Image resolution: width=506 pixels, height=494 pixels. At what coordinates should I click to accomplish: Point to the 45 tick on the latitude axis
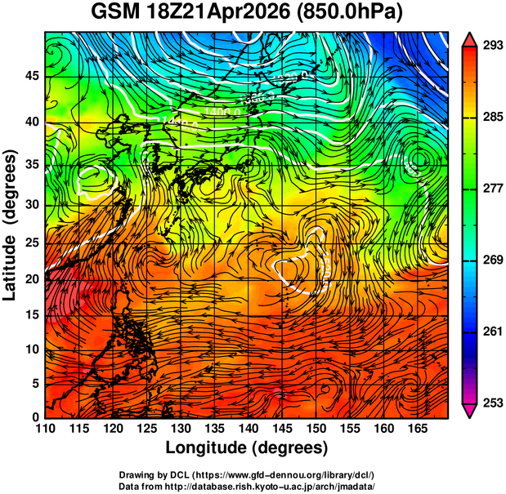pos(31,76)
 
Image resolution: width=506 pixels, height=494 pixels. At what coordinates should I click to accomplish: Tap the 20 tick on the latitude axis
pos(31,278)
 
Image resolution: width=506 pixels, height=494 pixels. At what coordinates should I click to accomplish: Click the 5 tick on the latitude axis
pos(35,384)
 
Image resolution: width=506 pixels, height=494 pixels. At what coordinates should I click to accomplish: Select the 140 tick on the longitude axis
pos(248,429)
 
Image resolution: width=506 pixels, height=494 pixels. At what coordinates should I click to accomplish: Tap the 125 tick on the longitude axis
pos(146,429)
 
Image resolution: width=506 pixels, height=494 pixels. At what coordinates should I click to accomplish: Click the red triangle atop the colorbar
pos(470,39)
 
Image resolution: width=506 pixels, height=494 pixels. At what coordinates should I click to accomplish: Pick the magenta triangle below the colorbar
pos(470,411)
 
